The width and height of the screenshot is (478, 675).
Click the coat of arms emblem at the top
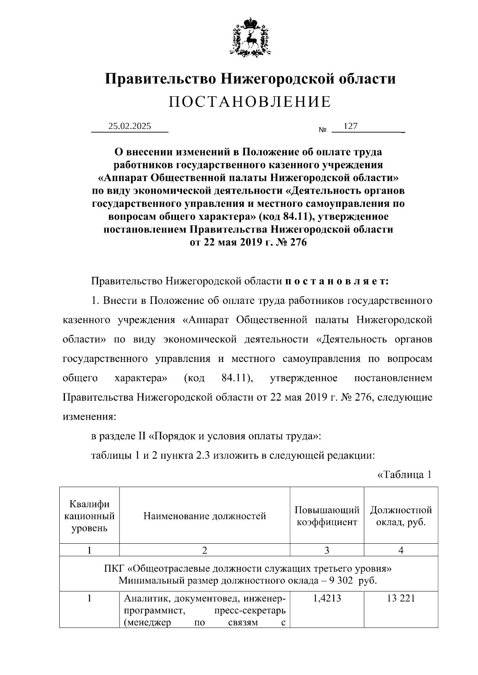tap(250, 37)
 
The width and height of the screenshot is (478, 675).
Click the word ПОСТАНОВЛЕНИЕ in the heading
tap(250, 102)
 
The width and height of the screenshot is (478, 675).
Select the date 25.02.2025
tap(130, 126)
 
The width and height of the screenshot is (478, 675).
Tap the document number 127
tap(351, 126)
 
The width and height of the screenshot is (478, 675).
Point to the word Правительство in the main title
tap(161, 78)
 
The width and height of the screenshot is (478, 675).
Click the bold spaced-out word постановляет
tap(337, 282)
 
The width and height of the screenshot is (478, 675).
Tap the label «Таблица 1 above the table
tap(404, 475)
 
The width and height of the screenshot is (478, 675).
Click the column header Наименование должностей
tap(204, 516)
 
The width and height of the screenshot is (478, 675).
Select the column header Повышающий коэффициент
tap(327, 516)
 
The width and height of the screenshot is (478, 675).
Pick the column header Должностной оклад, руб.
tap(401, 516)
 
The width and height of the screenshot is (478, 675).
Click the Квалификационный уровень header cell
tap(89, 516)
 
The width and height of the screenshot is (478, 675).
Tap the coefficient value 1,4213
tap(327, 598)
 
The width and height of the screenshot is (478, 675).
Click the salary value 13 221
tap(401, 598)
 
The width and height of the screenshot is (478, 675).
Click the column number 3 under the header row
tap(327, 550)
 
